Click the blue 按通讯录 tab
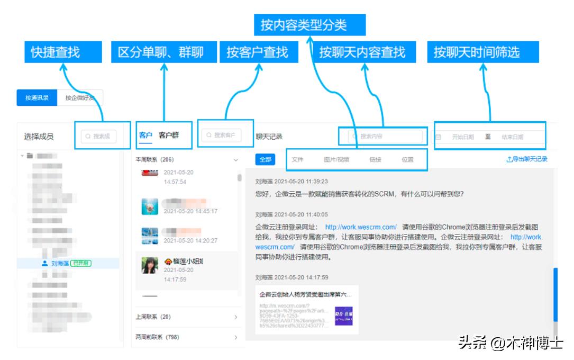point(37,98)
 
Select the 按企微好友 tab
point(80,98)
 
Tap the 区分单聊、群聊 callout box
point(163,52)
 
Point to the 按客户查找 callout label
point(258,52)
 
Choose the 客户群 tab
point(169,135)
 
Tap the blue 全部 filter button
point(265,159)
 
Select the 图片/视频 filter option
point(336,159)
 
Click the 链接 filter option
point(375,159)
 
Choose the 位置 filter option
point(407,159)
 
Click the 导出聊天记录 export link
point(527,159)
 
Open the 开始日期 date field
point(463,137)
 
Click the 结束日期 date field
point(513,137)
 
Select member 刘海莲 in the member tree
point(60,263)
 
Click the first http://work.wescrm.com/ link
point(361,227)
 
